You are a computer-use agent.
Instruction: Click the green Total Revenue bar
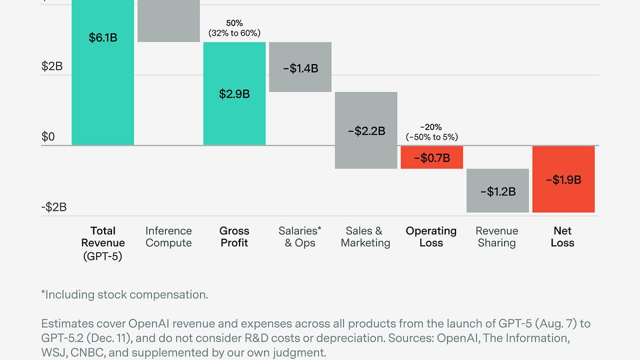click(102, 80)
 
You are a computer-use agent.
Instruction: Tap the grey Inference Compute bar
click(169, 21)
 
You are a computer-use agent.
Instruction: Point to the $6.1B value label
click(102, 38)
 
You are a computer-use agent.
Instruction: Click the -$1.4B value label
click(300, 68)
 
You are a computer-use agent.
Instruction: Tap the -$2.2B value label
click(366, 131)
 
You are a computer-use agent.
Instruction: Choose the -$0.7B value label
click(431, 158)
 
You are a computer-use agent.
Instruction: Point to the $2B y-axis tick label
click(52, 67)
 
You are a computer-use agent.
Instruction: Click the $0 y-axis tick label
click(49, 137)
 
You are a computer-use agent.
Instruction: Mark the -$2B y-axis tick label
click(54, 207)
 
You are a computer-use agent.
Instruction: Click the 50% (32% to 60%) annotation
click(234, 28)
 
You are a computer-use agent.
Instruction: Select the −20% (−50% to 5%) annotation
click(431, 132)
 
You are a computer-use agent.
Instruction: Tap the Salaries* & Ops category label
click(300, 237)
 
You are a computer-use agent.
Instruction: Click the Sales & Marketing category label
click(365, 237)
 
